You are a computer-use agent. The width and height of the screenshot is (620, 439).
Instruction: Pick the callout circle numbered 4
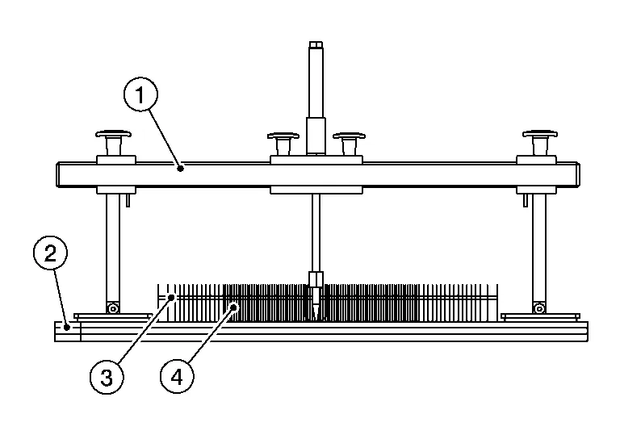[177, 375]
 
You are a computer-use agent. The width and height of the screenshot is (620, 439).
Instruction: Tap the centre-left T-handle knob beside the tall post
[283, 137]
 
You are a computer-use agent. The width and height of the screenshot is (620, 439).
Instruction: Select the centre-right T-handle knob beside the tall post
[350, 137]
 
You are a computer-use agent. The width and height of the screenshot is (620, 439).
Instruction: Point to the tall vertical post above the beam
[314, 89]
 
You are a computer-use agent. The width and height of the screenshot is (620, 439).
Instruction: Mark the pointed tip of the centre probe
[315, 316]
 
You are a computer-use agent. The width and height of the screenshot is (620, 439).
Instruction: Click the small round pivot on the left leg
[114, 307]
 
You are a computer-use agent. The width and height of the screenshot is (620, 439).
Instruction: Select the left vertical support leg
[113, 246]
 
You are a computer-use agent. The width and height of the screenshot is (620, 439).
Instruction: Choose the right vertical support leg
[538, 246]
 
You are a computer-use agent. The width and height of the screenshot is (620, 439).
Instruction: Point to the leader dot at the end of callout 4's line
[234, 306]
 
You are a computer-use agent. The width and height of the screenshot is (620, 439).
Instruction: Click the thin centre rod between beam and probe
[315, 234]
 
